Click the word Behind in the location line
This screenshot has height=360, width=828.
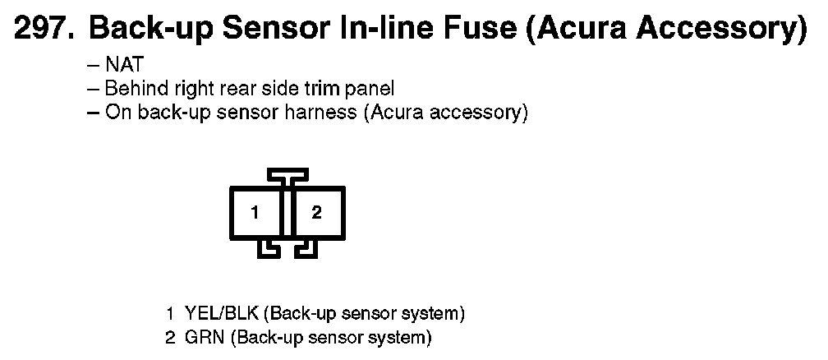point(134,88)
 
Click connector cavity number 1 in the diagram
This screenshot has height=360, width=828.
point(255,213)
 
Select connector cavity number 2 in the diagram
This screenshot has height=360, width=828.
point(317,213)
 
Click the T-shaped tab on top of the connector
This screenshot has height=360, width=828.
point(287,175)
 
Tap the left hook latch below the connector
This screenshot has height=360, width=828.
point(269,249)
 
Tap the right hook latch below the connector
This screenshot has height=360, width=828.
point(306,249)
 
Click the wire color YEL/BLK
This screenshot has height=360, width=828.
point(222,313)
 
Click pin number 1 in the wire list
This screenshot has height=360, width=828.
point(170,313)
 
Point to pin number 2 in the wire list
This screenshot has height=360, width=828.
point(170,338)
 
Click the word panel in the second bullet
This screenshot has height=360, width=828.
point(370,90)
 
